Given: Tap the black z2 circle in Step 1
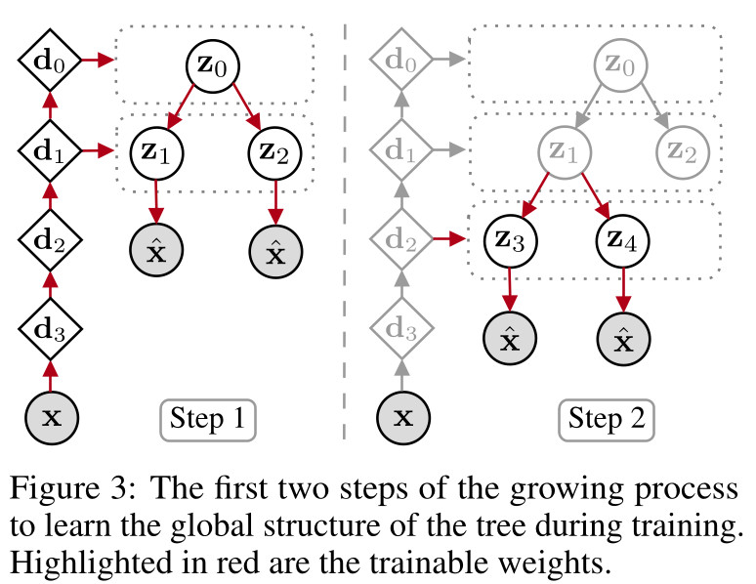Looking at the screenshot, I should (x=276, y=151).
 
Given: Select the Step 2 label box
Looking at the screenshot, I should (x=607, y=420).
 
